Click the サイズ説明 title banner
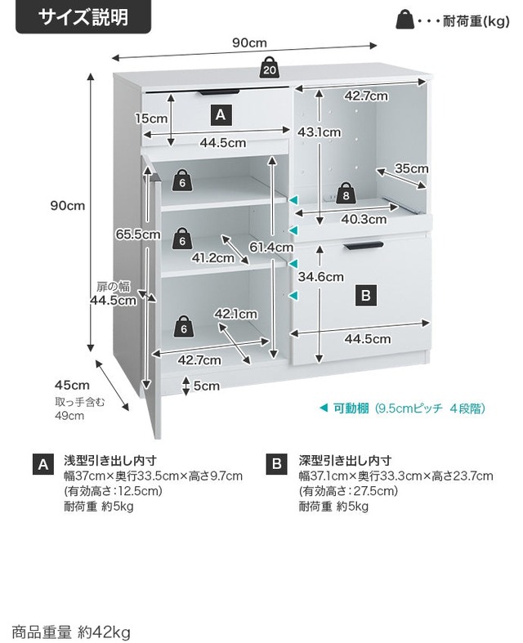(83, 17)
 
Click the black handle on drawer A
(219, 92)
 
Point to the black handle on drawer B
(364, 246)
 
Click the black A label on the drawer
(221, 115)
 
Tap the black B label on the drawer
(366, 296)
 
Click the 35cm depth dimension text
(411, 168)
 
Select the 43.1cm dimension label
(320, 132)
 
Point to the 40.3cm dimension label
(364, 220)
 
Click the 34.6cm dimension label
(321, 277)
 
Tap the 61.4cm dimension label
(271, 247)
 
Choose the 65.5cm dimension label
(138, 234)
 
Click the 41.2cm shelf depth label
(213, 258)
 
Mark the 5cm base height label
(206, 386)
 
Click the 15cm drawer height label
(151, 118)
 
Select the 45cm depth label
(72, 386)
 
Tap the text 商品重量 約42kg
(70, 632)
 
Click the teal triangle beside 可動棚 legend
(324, 408)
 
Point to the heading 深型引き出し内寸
(345, 461)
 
